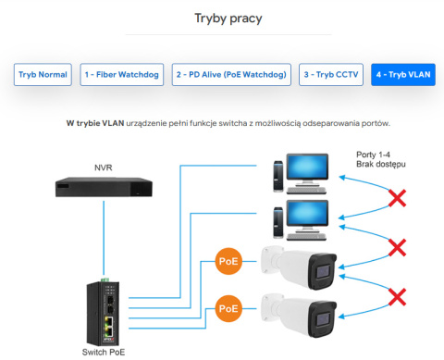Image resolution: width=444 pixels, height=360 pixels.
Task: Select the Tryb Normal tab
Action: [43, 75]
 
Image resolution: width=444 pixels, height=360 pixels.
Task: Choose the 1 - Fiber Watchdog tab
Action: [121, 75]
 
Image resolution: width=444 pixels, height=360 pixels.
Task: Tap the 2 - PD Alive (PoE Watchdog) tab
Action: [230, 75]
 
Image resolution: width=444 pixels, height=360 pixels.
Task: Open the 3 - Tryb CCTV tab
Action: [330, 75]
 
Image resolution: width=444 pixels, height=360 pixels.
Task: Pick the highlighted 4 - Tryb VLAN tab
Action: [403, 75]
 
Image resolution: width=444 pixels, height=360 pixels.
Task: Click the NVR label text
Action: [104, 168]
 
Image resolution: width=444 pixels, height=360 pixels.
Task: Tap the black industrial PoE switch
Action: [104, 312]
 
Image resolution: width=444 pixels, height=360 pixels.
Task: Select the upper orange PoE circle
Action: [228, 262]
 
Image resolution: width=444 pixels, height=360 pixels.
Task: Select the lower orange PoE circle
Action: [228, 307]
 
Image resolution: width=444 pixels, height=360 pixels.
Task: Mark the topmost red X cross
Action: [398, 197]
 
